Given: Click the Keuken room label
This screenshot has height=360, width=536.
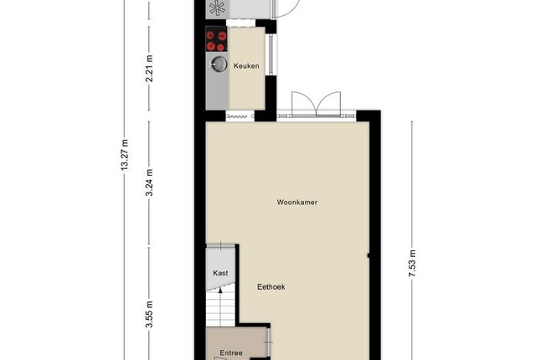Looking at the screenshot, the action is click(x=246, y=65).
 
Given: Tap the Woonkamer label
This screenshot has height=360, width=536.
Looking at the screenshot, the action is click(x=296, y=203).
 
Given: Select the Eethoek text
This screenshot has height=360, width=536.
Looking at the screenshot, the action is click(x=271, y=287).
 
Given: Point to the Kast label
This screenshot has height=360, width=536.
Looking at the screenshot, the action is click(x=220, y=273).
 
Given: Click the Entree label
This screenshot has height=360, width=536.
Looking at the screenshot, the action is click(x=231, y=352).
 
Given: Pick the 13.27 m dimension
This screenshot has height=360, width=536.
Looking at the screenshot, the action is click(x=125, y=155).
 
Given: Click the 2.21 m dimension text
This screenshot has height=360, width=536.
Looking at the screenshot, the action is click(x=149, y=69).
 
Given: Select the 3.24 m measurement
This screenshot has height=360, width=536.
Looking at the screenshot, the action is click(x=149, y=183).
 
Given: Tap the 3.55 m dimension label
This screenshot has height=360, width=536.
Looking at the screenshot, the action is click(x=149, y=314).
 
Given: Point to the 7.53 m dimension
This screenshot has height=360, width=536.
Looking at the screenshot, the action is click(x=413, y=264).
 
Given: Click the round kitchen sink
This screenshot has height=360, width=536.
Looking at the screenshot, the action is click(x=219, y=64).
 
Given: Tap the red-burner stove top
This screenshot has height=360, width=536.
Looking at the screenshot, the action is click(x=216, y=39).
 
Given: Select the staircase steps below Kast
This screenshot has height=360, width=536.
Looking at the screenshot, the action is click(x=220, y=310).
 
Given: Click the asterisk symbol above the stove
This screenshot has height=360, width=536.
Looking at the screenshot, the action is click(x=218, y=8).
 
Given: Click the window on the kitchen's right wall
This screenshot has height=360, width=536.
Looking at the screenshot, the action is click(x=271, y=54).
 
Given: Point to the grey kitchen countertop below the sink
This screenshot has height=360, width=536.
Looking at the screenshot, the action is click(x=217, y=90).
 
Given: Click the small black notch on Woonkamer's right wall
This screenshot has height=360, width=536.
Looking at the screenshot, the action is click(x=368, y=255).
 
